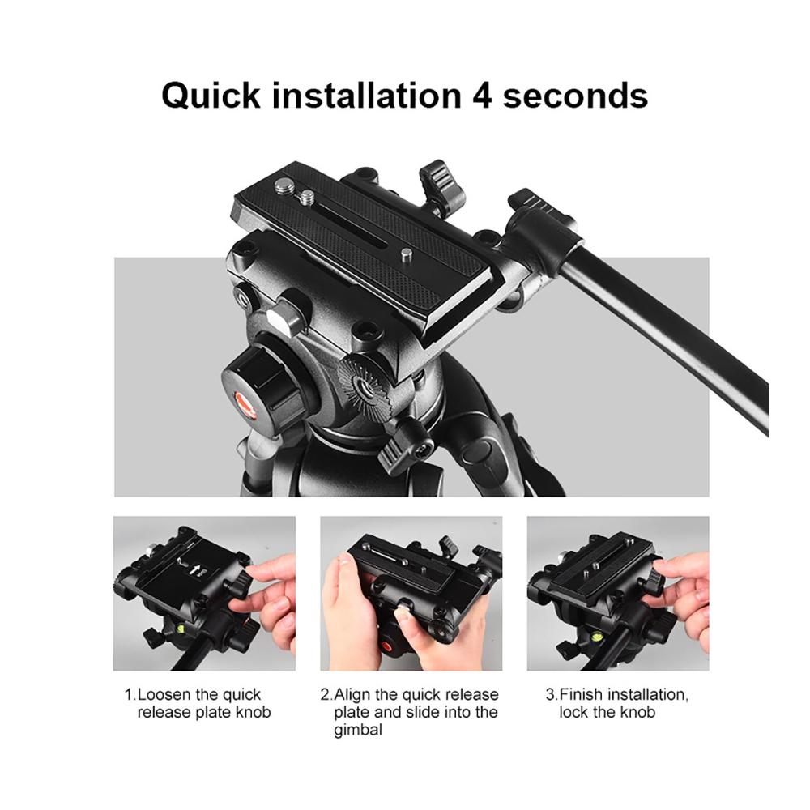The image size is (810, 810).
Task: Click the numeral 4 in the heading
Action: click(x=481, y=96)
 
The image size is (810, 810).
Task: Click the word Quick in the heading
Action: click(x=211, y=96)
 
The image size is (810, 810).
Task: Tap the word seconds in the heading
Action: click(x=575, y=96)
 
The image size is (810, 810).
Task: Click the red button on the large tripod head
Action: click(x=246, y=403)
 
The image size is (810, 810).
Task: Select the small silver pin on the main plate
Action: click(x=407, y=253)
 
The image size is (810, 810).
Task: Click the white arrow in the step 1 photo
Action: click(x=195, y=569)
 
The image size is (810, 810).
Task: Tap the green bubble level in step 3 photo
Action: click(x=594, y=637)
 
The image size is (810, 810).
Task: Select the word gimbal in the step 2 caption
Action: click(x=358, y=731)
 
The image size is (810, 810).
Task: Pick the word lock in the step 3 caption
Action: click(x=573, y=712)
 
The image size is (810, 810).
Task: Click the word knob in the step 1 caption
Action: click(x=253, y=712)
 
